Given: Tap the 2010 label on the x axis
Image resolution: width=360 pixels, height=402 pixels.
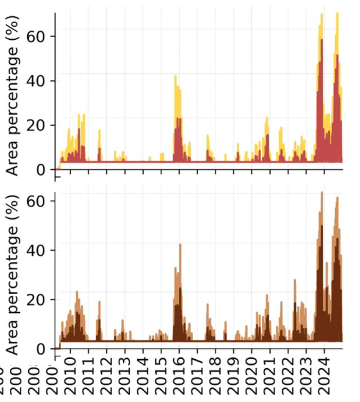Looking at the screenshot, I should (x=71, y=375).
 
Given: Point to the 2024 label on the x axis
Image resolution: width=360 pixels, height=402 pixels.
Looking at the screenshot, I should (x=324, y=375).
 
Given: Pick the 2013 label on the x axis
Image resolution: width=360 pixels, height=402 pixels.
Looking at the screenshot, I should (x=125, y=375).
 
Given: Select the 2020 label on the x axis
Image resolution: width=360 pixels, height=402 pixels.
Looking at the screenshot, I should (x=252, y=375).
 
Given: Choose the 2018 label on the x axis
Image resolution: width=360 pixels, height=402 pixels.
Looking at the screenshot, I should (x=216, y=375).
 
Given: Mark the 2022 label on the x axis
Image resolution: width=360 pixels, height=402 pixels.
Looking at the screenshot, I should (x=288, y=375).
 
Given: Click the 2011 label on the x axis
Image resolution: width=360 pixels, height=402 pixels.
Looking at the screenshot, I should (x=89, y=375).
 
